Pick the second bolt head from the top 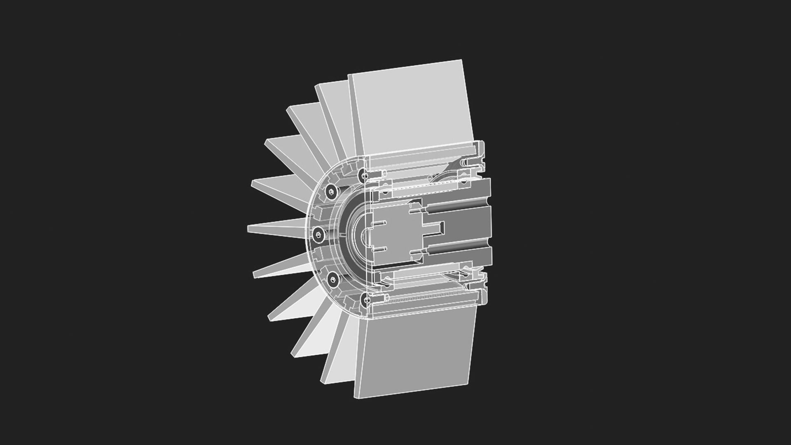[332, 192]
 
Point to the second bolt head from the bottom [332, 281]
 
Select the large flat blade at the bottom [416, 354]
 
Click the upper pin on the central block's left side [379, 224]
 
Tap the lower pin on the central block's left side [379, 249]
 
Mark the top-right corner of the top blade [462, 61]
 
